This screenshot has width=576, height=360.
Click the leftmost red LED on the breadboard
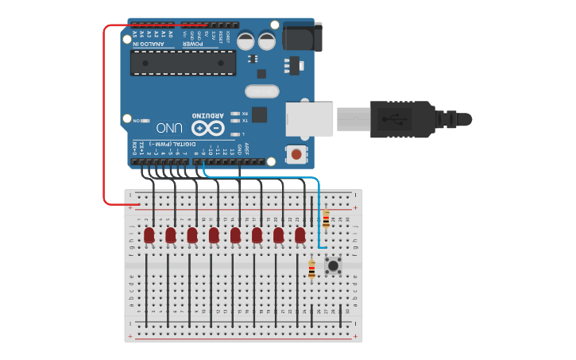(149, 235)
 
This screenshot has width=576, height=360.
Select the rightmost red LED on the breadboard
(300, 235)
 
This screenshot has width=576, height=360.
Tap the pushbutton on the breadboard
(333, 265)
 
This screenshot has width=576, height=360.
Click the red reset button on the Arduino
(296, 153)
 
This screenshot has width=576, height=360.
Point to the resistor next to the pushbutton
(311, 269)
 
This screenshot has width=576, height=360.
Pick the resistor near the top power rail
(326, 218)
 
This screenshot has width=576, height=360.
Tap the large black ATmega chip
(184, 63)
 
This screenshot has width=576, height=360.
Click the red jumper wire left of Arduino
(104, 119)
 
